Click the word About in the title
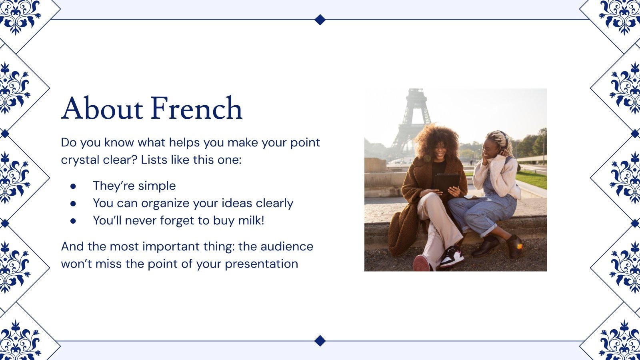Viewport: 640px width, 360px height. (102, 108)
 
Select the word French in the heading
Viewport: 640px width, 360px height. (196, 108)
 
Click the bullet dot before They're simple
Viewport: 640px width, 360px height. (73, 186)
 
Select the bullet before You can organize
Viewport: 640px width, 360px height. (73, 204)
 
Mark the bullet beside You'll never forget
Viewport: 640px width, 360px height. (73, 221)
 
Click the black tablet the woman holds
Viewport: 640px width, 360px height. (446, 183)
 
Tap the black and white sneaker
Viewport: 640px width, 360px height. (452, 256)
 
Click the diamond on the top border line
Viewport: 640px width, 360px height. (320, 20)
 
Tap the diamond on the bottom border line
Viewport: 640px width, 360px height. (320, 340)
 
